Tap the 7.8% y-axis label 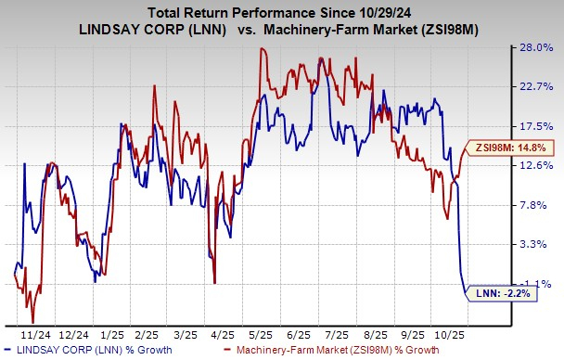[536, 205]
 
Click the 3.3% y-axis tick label [536, 244]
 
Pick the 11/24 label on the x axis [36, 331]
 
